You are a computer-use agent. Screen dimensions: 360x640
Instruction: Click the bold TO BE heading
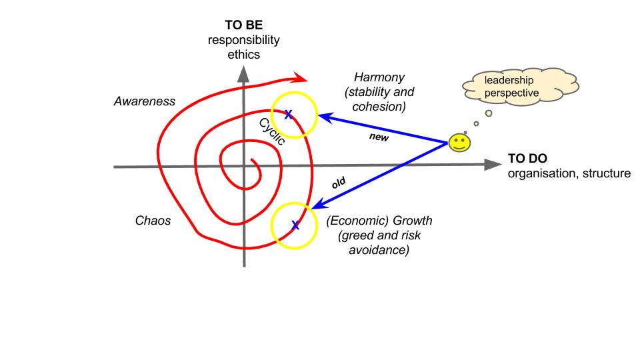point(244,26)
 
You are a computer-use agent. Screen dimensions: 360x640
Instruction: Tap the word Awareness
point(145,102)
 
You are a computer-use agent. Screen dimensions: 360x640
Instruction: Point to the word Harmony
point(379,77)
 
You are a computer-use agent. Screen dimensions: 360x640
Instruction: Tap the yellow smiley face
point(458,143)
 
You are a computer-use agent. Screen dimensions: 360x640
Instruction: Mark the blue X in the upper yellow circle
point(288,115)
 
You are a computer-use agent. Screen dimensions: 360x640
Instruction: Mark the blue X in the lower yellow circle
point(295,226)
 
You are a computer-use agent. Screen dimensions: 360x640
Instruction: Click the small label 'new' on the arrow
point(379,138)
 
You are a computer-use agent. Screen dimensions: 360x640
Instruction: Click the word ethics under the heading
point(243,54)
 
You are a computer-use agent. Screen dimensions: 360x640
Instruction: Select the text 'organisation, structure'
point(567,174)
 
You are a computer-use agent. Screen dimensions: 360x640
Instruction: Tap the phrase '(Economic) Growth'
point(371,221)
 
